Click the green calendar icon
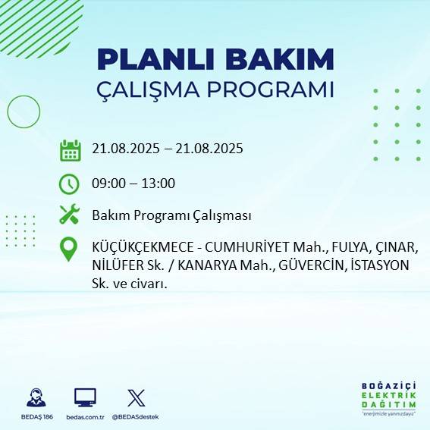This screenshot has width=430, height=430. [x=70, y=150]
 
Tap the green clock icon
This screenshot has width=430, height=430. [x=69, y=183]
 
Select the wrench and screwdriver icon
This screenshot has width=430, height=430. [x=70, y=215]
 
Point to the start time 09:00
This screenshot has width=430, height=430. [x=108, y=183]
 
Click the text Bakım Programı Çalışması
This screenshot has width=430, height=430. [x=171, y=215]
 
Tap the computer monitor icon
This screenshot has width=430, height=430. [x=85, y=397]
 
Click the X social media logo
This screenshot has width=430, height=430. [x=136, y=397]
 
